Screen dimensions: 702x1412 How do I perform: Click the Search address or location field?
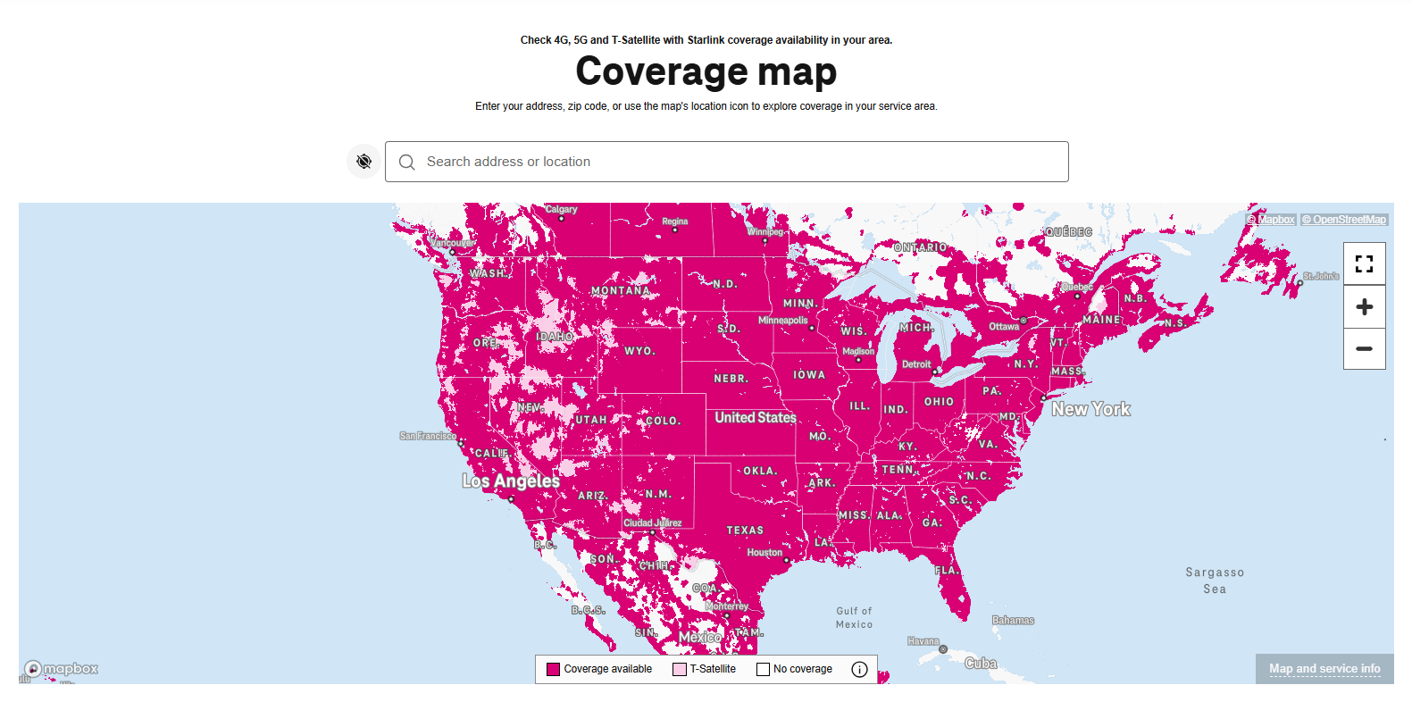point(725,162)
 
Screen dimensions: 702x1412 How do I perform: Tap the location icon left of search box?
point(363,162)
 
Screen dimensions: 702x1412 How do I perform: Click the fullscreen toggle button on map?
point(1364,263)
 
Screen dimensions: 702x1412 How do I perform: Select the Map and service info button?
point(1324,668)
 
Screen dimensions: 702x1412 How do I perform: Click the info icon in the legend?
point(859,669)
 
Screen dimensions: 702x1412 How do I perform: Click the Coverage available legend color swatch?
point(553,669)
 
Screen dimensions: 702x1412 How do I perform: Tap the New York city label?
point(1090,409)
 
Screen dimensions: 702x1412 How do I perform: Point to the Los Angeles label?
point(511,481)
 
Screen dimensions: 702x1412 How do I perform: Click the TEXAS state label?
point(745,530)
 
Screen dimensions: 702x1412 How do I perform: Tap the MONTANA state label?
point(620,290)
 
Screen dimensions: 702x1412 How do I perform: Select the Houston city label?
point(764,552)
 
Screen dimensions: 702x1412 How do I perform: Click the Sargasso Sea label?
point(1214,581)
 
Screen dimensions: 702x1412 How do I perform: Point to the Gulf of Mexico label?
point(854,617)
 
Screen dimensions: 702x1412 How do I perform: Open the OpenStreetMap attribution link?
point(1343,220)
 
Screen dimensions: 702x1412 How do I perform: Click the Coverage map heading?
point(706,71)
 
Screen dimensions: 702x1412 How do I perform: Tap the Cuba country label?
point(980,663)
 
